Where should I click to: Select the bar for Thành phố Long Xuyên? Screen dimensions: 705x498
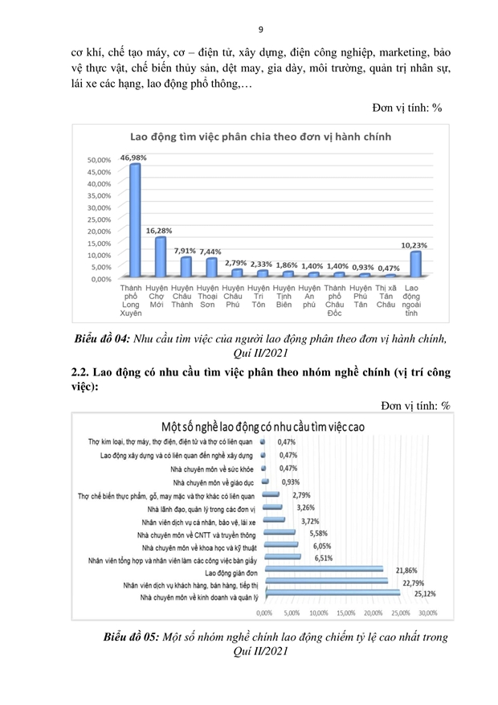point(135,221)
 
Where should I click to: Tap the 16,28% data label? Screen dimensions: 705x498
point(161,231)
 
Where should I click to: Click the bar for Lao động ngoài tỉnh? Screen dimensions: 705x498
point(414,264)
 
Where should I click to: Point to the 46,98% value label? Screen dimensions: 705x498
point(135,158)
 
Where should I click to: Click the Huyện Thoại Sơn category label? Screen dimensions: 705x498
point(207,296)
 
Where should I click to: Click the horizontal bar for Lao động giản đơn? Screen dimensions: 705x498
point(325,572)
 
